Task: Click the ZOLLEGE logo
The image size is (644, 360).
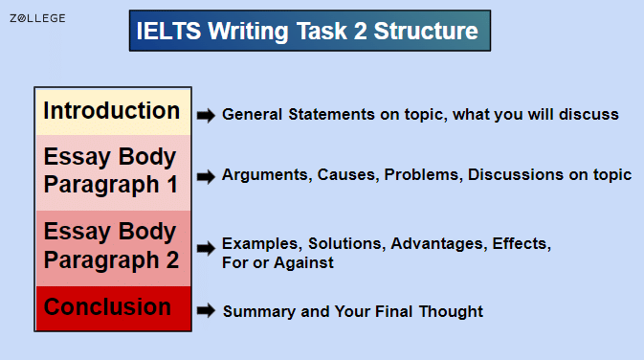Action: pyautogui.click(x=38, y=18)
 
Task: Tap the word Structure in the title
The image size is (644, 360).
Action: pyautogui.click(x=427, y=32)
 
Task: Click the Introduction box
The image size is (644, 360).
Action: pyautogui.click(x=112, y=111)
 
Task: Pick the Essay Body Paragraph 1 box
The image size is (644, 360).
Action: pyautogui.click(x=112, y=170)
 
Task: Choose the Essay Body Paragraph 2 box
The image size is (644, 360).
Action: pyautogui.click(x=112, y=246)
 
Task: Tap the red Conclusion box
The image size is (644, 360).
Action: pyautogui.click(x=112, y=307)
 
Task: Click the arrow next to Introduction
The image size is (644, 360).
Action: pyautogui.click(x=206, y=115)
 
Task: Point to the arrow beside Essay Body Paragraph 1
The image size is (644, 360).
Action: pyautogui.click(x=206, y=176)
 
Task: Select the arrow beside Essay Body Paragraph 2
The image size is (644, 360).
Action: pyautogui.click(x=206, y=248)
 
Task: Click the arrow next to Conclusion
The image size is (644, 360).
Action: pyautogui.click(x=206, y=311)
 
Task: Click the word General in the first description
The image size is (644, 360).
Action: pyautogui.click(x=252, y=115)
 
